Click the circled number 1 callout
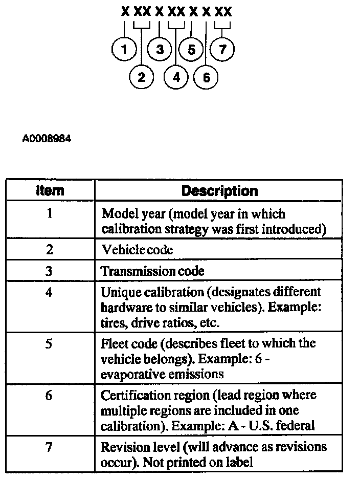click(123, 50)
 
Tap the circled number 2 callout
click(142, 77)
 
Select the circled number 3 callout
click(160, 50)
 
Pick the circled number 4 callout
click(176, 77)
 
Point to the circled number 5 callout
click(191, 50)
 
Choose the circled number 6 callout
click(206, 77)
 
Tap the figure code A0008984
click(47, 139)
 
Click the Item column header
click(50, 191)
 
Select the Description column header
click(220, 191)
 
